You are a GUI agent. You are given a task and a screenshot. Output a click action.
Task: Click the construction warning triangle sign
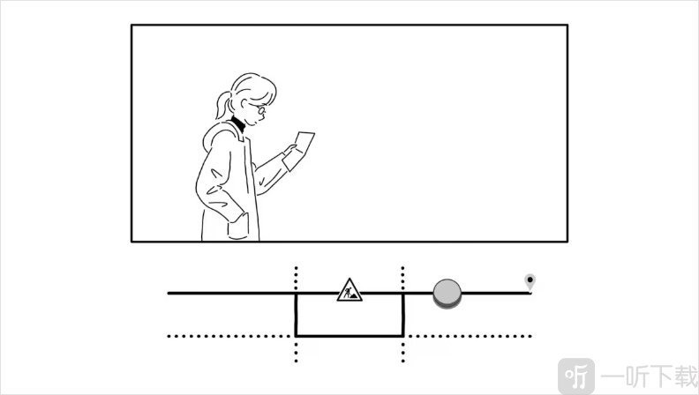[349, 290]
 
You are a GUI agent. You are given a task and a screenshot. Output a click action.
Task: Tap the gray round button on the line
[447, 294]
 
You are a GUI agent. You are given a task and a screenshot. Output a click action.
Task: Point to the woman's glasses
[259, 108]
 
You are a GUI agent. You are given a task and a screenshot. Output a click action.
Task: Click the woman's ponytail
[223, 105]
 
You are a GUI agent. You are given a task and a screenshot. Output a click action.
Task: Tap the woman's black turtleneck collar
[238, 123]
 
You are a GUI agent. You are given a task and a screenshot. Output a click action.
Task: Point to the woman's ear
[244, 104]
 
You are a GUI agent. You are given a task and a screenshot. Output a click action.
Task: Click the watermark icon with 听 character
[576, 376]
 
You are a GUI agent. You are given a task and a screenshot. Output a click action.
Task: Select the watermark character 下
[655, 376]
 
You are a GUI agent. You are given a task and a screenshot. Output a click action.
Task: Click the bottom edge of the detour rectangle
[349, 336]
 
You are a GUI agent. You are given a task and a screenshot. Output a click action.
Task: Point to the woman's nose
[266, 116]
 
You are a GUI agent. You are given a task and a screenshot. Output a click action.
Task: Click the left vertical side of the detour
[296, 315]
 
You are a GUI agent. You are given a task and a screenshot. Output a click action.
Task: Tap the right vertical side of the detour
[403, 315]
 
